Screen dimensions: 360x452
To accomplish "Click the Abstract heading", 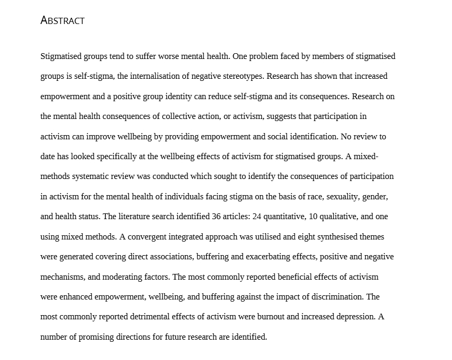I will click(62, 21).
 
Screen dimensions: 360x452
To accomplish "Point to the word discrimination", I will click(338, 297).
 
